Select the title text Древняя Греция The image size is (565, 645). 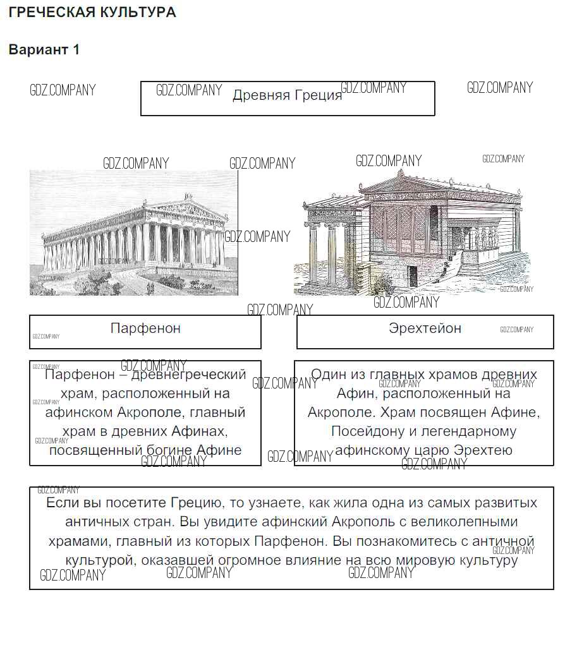click(287, 95)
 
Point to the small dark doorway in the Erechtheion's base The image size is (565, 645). click(412, 275)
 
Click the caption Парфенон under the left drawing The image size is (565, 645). click(145, 329)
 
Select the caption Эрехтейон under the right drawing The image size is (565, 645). click(425, 329)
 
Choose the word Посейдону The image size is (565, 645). click(369, 431)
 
